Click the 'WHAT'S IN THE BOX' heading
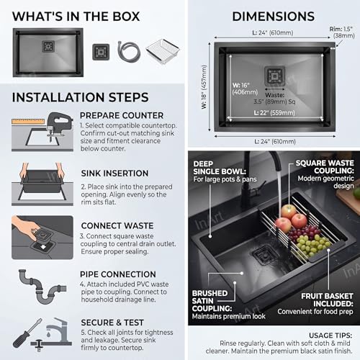pyautogui.click(x=76, y=17)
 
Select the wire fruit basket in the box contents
pyautogui.click(x=163, y=51)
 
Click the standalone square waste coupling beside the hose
pyautogui.click(x=101, y=52)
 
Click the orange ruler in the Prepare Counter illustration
pyautogui.click(x=28, y=121)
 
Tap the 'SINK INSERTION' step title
pyautogui.click(x=114, y=174)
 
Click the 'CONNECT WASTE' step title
pyautogui.click(x=117, y=225)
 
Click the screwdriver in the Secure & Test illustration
pyautogui.click(x=27, y=333)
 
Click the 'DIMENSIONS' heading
pyautogui.click(x=274, y=17)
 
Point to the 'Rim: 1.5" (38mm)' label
pyautogui.click(x=342, y=32)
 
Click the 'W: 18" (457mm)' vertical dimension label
pyautogui.click(x=204, y=87)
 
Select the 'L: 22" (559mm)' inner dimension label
pyautogui.click(x=274, y=113)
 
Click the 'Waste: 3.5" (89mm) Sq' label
pyautogui.click(x=275, y=99)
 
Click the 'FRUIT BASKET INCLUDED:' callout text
pyautogui.click(x=327, y=300)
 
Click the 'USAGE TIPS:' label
pyautogui.click(x=330, y=336)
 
